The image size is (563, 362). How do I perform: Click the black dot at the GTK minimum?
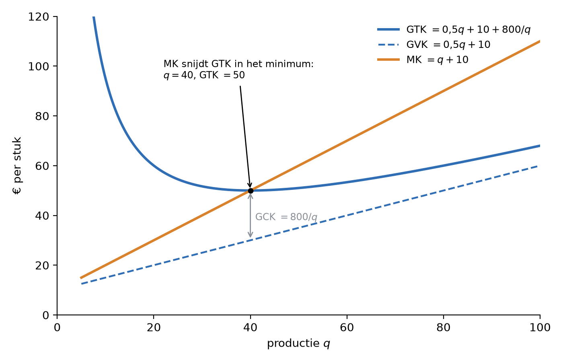(x=251, y=191)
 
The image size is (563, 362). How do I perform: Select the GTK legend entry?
(x=454, y=30)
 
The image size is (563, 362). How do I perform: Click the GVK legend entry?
(x=434, y=45)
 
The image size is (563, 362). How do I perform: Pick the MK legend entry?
(x=423, y=60)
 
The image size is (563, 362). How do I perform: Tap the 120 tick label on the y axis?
(x=39, y=17)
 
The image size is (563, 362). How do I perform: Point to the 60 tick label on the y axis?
(x=42, y=166)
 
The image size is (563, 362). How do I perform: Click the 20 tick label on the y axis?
(x=42, y=265)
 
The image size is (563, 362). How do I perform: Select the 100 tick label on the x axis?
(x=540, y=328)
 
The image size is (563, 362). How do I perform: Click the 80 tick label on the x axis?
(x=443, y=328)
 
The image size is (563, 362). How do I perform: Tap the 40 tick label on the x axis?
(x=250, y=328)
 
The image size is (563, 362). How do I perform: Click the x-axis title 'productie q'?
(x=298, y=343)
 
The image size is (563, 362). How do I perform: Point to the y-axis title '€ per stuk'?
(x=17, y=166)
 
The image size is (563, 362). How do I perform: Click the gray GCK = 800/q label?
(x=286, y=217)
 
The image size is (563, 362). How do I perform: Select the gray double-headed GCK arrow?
(x=250, y=216)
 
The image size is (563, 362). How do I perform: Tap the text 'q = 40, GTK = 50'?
(x=204, y=75)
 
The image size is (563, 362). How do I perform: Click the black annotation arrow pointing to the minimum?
(x=245, y=137)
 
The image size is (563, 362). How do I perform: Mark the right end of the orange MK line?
(x=540, y=41)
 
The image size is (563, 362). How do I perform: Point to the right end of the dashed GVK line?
(x=539, y=166)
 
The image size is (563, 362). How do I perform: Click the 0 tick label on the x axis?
(x=57, y=328)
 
